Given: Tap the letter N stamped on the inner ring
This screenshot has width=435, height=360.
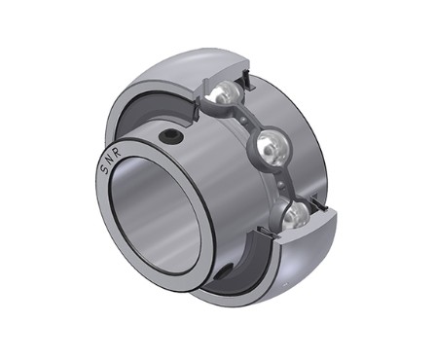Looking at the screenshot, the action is pos(109,159).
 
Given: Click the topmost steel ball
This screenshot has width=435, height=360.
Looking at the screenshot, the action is pos(226,92).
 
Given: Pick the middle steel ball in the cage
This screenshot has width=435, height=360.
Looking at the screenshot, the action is pos(272,147).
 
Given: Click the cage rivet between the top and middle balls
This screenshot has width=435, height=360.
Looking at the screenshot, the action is pos(246,119).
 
